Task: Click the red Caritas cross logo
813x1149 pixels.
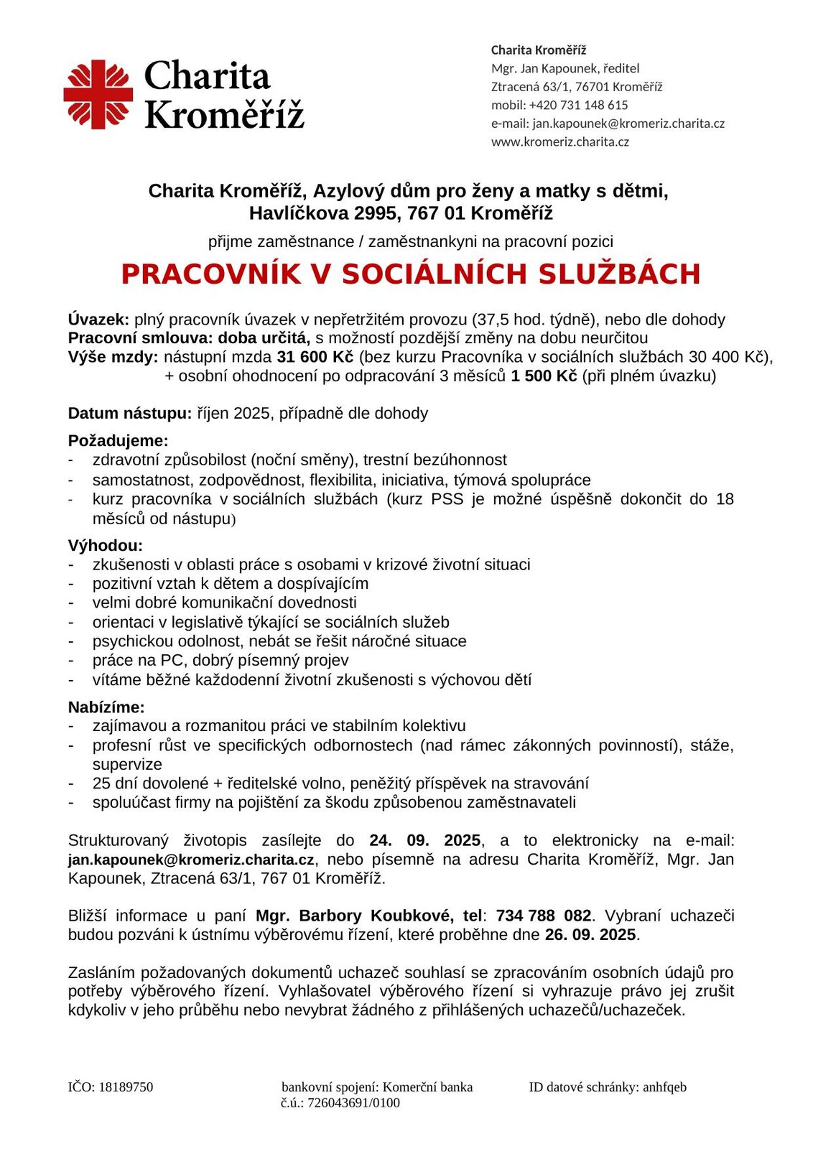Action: pyautogui.click(x=98, y=94)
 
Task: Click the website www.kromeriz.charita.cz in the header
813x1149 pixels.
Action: pyautogui.click(x=560, y=141)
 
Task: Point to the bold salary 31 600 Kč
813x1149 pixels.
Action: pyautogui.click(x=315, y=357)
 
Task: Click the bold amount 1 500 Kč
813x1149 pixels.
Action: pyautogui.click(x=544, y=376)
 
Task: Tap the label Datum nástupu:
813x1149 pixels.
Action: pyautogui.click(x=130, y=413)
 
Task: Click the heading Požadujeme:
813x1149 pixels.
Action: pyautogui.click(x=119, y=440)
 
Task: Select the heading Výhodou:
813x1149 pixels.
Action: pyautogui.click(x=106, y=545)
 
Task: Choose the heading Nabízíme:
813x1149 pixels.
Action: pyautogui.click(x=106, y=707)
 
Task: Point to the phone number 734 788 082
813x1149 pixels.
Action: pyautogui.click(x=544, y=916)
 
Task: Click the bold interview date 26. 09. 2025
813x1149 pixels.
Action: pyautogui.click(x=590, y=934)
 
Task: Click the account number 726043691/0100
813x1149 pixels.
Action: pyautogui.click(x=353, y=1102)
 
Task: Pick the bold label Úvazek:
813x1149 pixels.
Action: pyautogui.click(x=98, y=320)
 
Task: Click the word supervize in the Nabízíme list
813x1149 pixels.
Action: pyautogui.click(x=127, y=764)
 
